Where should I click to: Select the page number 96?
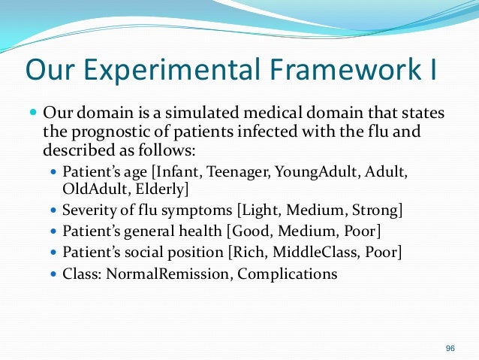[450, 347]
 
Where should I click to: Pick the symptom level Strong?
[372, 208]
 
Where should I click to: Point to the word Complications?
[288, 274]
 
